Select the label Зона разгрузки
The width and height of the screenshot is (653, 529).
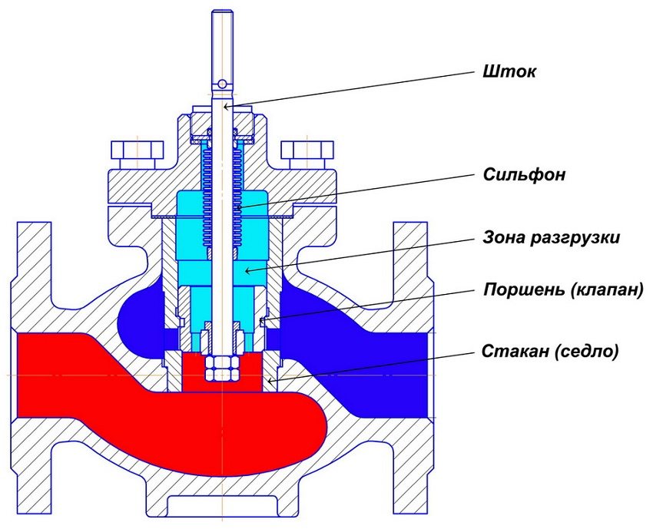pos(552,238)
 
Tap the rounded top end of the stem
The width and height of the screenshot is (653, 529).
pos(221,13)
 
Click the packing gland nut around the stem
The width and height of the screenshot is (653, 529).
pos(220,123)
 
